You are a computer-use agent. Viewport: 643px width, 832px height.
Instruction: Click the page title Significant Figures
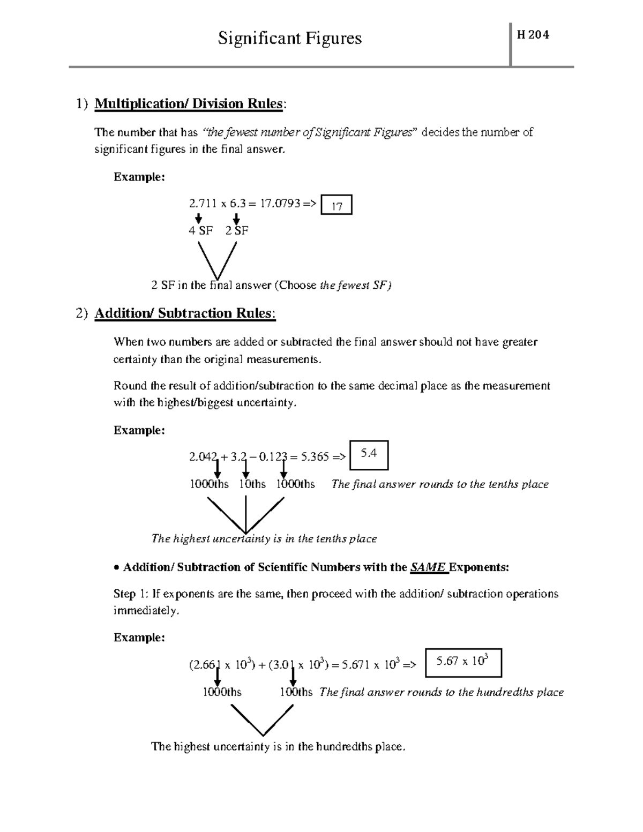289,39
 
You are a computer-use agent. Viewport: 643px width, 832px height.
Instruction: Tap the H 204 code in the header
533,35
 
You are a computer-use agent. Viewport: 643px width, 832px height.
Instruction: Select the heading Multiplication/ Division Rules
188,104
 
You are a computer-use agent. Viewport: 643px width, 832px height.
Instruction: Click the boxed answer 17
337,206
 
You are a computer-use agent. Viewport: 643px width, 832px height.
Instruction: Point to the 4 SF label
200,231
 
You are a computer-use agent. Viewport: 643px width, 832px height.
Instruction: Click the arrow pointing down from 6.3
236,218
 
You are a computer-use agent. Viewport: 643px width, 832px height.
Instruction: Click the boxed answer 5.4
369,454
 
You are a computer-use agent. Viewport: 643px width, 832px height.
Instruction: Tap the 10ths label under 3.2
252,484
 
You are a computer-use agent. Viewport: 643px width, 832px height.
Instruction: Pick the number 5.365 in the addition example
315,457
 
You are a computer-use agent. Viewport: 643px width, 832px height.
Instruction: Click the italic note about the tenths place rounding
440,484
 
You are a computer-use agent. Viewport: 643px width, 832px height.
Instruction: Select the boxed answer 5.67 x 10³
462,662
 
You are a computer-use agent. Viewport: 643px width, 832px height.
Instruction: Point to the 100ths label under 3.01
296,692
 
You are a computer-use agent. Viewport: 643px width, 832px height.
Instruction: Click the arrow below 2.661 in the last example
218,676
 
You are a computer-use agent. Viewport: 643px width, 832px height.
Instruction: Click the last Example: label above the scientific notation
139,638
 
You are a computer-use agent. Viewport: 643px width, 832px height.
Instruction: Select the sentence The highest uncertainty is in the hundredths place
278,746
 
